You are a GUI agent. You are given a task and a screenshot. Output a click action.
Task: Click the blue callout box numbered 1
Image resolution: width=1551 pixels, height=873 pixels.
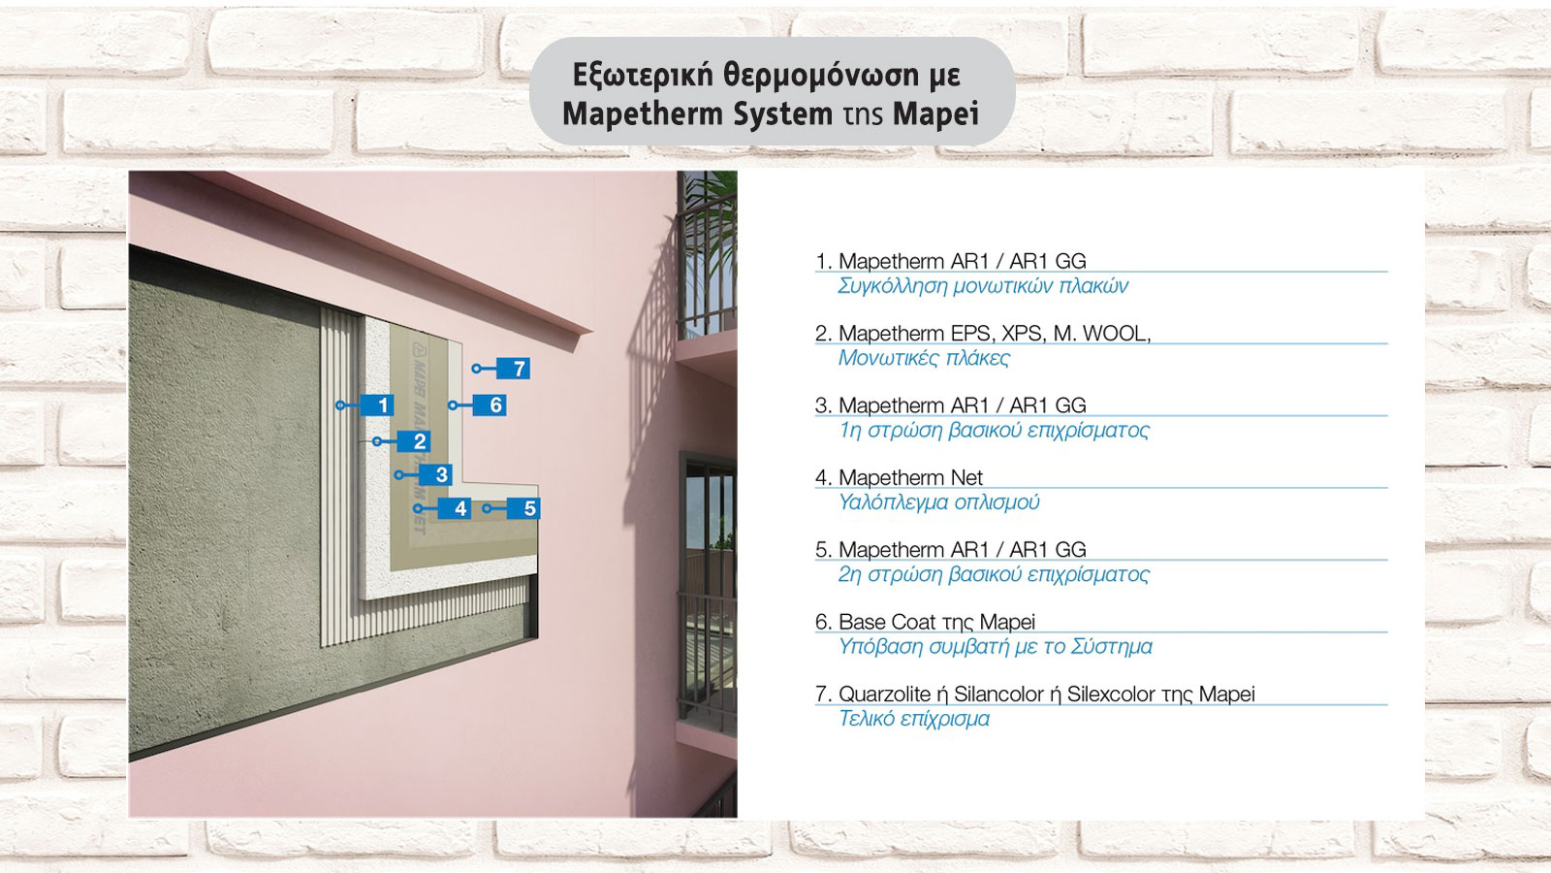382,404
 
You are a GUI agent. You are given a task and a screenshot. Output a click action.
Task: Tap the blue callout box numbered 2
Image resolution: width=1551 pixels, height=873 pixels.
419,441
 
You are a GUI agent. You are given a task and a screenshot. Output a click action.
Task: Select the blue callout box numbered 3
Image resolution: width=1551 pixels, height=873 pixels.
441,474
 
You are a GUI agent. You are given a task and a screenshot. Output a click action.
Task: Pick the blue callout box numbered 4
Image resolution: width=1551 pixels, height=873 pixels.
459,508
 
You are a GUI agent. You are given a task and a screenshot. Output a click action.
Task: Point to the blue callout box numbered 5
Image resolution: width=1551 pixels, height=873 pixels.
529,508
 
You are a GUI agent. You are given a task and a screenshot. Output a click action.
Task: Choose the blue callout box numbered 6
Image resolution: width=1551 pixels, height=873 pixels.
495,404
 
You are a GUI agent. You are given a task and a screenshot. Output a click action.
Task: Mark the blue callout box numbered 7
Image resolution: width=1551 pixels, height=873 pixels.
519,369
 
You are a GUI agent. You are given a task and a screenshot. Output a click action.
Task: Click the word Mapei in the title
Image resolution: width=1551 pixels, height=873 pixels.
935,114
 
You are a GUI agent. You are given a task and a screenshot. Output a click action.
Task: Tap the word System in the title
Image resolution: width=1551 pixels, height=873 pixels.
782,114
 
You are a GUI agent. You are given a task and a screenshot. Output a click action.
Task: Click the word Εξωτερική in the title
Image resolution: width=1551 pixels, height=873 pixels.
643,76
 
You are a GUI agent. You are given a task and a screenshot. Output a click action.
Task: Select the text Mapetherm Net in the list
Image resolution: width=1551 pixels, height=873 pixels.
910,477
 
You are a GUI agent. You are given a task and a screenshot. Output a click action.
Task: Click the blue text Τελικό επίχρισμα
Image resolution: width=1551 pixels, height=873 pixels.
914,719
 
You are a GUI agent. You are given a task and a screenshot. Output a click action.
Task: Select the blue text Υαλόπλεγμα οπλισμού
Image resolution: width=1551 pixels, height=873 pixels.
938,502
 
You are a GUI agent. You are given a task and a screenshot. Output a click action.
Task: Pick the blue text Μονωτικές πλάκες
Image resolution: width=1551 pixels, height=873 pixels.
924,358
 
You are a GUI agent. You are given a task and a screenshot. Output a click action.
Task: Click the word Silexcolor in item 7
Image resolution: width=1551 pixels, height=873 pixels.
1111,694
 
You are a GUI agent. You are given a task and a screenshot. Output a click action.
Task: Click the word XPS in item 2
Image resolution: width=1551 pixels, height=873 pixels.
1022,333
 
